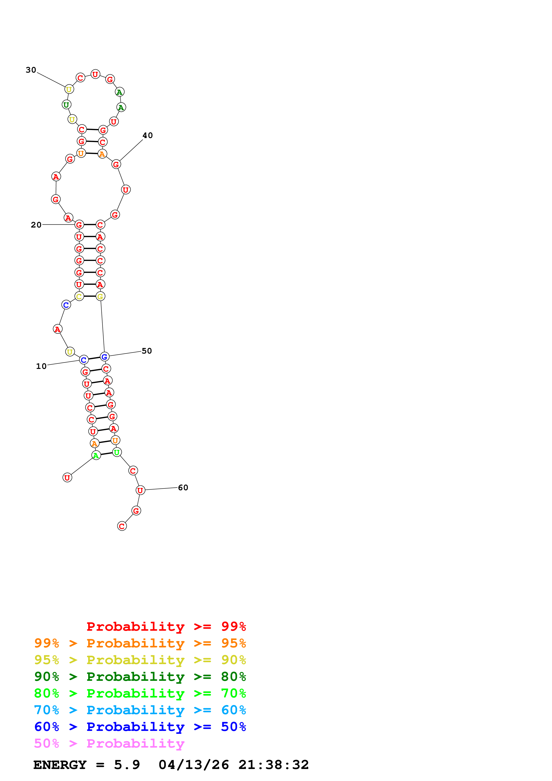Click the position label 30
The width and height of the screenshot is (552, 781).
[x=31, y=70]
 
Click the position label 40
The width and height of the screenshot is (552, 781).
[x=148, y=135]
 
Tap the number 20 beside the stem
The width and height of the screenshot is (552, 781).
[x=36, y=225]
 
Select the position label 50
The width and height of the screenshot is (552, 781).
[x=147, y=351]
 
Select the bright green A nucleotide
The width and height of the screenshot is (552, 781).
[x=96, y=455]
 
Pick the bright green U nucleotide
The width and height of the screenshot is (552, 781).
[x=117, y=452]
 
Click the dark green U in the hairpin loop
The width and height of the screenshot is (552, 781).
[x=66, y=105]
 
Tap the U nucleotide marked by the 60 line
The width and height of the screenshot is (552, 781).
[x=140, y=490]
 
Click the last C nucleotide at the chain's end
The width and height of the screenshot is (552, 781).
[x=122, y=526]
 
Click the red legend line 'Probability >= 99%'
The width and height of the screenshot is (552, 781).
[x=166, y=626]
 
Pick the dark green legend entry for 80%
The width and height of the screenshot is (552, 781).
[x=140, y=677]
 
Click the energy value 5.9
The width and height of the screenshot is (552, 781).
[x=127, y=765]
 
